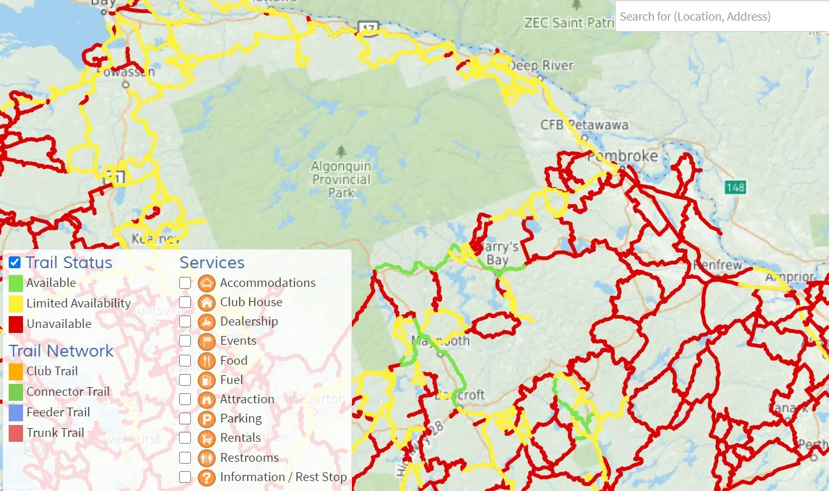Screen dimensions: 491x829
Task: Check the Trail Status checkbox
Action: [15, 263]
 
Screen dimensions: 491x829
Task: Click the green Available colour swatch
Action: [16, 283]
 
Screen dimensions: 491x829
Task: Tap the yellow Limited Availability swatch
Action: [16, 304]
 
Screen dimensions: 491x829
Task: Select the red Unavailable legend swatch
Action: [16, 324]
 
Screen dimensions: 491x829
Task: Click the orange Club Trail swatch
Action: [16, 372]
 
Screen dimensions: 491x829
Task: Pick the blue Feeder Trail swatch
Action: [16, 413]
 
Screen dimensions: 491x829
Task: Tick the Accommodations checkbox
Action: [185, 283]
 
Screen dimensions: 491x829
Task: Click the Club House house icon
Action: [206, 302]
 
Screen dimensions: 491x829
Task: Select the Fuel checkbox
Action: [185, 380]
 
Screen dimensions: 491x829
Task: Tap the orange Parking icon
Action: [206, 419]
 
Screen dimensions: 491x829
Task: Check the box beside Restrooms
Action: [185, 458]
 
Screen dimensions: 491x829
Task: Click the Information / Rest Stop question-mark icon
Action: [206, 477]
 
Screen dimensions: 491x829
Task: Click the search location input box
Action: [721, 16]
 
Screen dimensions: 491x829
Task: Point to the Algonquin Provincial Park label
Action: [341, 179]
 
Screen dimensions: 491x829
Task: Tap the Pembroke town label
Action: [623, 156]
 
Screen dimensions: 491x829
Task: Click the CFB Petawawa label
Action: [584, 125]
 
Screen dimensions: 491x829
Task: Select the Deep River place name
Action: [541, 65]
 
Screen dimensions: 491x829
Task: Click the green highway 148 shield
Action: [734, 187]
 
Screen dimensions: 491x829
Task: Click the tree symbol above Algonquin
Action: [341, 151]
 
